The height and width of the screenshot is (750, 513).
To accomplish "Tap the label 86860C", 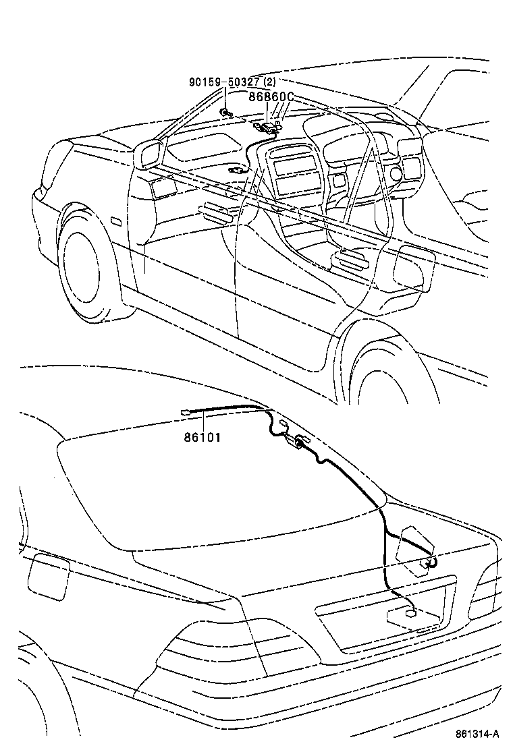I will pyautogui.click(x=271, y=97).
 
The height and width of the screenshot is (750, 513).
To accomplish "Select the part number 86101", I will pyautogui.click(x=202, y=437).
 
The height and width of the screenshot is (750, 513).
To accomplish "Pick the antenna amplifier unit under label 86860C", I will pyautogui.click(x=270, y=125).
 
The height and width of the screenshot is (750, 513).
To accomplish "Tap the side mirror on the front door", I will pyautogui.click(x=148, y=154).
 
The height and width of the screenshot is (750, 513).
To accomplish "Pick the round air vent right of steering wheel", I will pyautogui.click(x=396, y=177).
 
